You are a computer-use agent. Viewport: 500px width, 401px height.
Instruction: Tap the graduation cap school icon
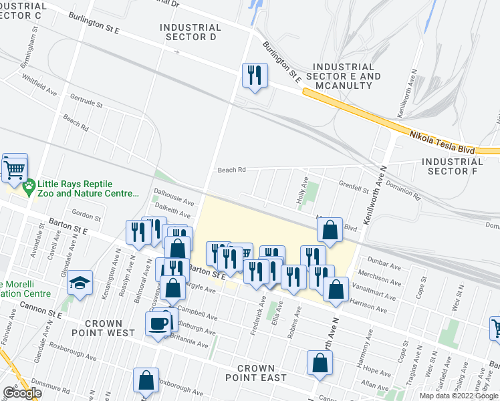pyautogui.click(x=80, y=281)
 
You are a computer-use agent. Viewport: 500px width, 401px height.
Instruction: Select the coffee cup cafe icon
pyautogui.click(x=158, y=324)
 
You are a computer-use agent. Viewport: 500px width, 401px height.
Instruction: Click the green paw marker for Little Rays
pyautogui.click(x=28, y=189)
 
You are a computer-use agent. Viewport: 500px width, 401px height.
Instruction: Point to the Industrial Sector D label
pyautogui.click(x=191, y=32)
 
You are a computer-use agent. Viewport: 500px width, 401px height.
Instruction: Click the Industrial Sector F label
pyautogui.click(x=452, y=166)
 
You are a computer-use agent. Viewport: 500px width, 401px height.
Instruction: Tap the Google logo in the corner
pyautogui.click(x=22, y=393)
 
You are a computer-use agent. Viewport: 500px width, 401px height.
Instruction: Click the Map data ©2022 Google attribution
pyautogui.click(x=459, y=396)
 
